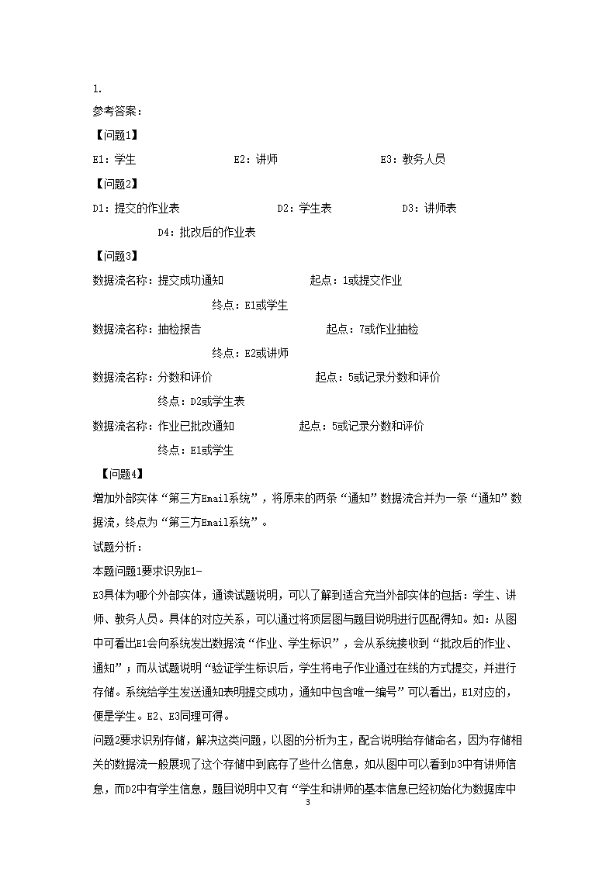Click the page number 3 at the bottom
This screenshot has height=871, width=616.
coord(308,845)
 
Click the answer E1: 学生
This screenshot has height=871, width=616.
coord(114,160)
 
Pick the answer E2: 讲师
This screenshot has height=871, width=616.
coord(256,160)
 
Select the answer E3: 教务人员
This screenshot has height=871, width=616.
coord(413,160)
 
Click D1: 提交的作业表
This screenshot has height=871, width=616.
coord(137,208)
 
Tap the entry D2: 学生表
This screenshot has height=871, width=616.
coord(305,208)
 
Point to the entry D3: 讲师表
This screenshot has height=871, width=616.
coord(429,208)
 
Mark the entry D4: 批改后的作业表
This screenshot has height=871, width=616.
coord(207,232)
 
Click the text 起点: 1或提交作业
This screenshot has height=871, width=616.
coord(356,281)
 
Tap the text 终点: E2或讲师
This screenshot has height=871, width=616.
coord(250,353)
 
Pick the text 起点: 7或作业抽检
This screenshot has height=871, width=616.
coord(372,329)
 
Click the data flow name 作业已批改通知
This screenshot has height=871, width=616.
coord(196,426)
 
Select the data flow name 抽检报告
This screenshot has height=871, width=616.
coord(179,329)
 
